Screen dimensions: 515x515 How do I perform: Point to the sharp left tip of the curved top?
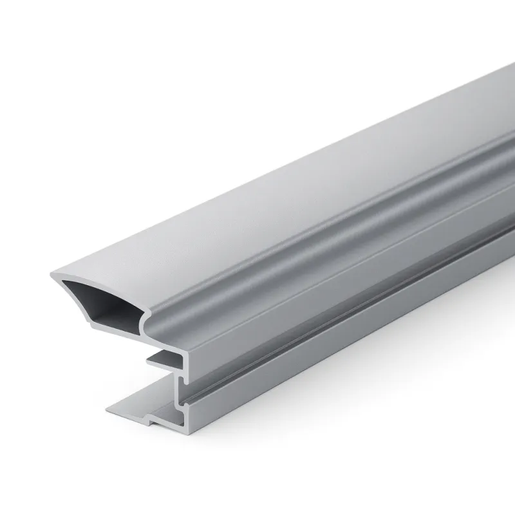51,275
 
